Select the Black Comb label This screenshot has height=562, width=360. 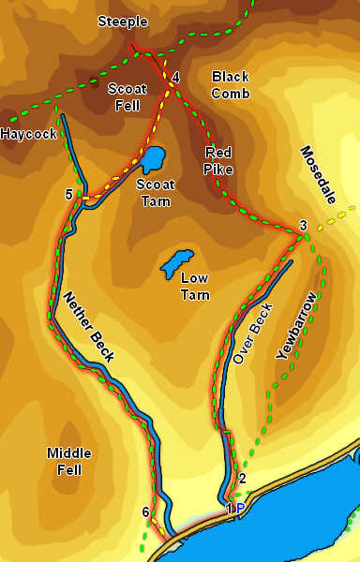[230, 84]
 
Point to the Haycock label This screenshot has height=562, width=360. [28, 134]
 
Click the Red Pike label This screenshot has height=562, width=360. [218, 161]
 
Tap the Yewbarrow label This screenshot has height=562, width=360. [297, 327]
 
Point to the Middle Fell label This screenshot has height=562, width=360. [69, 461]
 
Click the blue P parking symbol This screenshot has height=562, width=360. [240, 509]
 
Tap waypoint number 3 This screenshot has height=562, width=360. [303, 225]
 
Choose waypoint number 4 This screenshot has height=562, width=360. [175, 77]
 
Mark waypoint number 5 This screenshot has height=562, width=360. [68, 195]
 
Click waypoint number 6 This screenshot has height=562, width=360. [145, 511]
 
